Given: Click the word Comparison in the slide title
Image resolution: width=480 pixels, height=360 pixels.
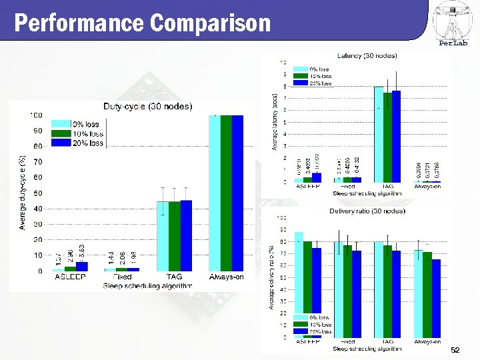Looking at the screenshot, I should pos(211,23).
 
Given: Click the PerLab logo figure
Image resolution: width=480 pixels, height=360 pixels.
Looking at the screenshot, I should pos(451,20).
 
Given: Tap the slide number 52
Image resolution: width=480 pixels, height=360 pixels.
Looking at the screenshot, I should pos(455,350).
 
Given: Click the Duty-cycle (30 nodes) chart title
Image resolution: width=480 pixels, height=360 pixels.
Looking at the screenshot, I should pos(147,106).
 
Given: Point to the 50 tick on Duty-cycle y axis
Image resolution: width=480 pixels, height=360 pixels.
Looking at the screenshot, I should pos(39,193).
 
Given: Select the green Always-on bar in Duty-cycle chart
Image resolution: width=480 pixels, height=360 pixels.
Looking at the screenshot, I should pos(226,193).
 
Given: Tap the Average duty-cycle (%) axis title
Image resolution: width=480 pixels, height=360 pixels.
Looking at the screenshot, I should pos(22,193).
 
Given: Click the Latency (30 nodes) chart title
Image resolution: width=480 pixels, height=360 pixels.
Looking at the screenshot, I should pos(367,55).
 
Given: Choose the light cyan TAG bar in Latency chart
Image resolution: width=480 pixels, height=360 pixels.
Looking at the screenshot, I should pos(379,134).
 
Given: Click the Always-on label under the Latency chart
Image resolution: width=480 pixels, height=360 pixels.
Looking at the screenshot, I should pos(427,186).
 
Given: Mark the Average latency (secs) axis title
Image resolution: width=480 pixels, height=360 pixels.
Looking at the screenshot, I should pos(275,121).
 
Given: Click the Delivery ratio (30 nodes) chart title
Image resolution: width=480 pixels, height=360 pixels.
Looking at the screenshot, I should pos(367,211).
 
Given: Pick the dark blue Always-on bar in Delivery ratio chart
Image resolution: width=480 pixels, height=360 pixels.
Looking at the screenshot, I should pos(436,298).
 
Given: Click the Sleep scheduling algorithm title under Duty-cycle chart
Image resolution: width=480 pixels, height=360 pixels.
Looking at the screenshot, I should pos(147,286).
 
